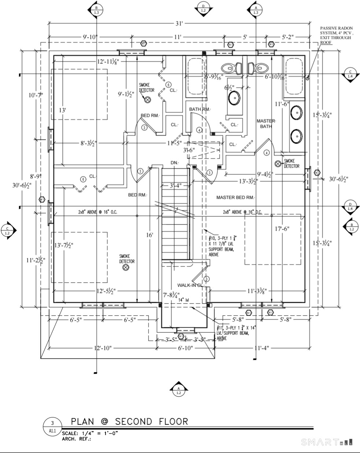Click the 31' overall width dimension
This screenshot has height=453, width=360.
coord(179,24)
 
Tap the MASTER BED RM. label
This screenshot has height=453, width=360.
coord(235,198)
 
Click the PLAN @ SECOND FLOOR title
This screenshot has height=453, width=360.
coord(129,422)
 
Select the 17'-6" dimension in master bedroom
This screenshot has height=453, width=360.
coord(282,229)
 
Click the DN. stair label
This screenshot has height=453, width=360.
coord(174,163)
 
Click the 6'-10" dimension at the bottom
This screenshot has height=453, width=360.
coord(185,348)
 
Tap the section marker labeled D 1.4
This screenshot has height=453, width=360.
coord(350,206)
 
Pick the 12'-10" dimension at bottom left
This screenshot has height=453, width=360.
coord(103,348)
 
